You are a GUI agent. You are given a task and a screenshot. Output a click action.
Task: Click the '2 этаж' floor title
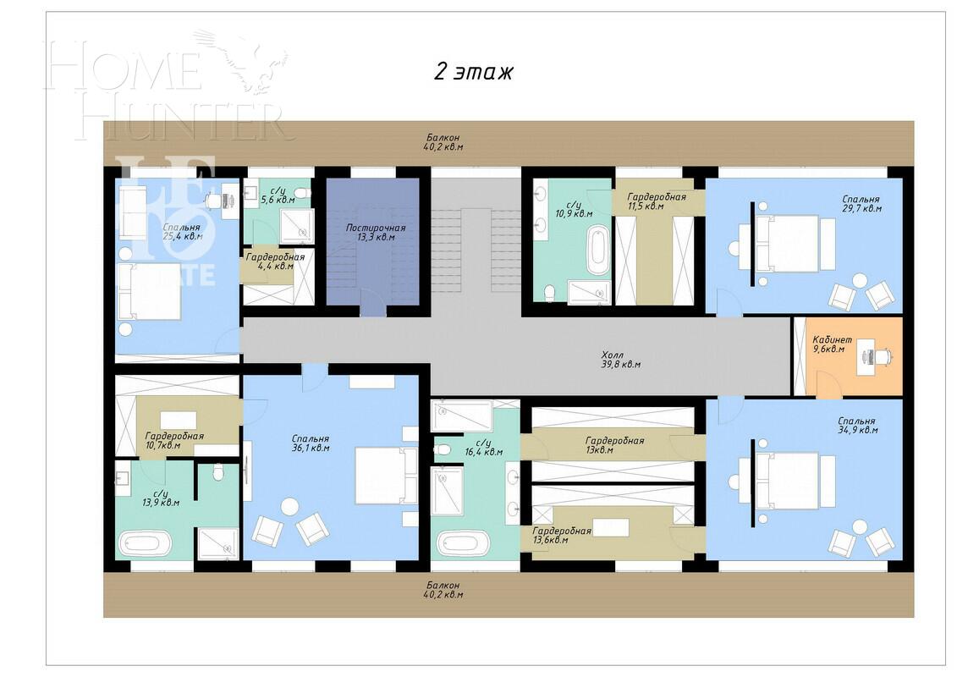click(474, 72)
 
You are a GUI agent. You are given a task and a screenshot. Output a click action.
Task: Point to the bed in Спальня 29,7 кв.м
click(786, 243)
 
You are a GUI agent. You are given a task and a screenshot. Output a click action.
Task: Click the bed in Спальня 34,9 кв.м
click(786, 482)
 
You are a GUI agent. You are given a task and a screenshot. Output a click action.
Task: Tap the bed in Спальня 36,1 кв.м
click(385, 476)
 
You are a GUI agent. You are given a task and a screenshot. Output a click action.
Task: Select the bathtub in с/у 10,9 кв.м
click(597, 250)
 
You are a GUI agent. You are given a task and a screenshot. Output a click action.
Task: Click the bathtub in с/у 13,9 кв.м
click(145, 542)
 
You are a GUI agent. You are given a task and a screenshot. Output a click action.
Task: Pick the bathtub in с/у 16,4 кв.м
click(462, 542)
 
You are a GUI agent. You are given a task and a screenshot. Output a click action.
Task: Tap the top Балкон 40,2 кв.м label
click(443, 141)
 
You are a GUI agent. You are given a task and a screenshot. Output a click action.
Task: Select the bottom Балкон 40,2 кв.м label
click(443, 590)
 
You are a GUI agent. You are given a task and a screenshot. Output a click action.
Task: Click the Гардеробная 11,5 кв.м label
click(650, 201)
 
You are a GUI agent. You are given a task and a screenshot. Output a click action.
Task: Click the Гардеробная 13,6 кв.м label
click(561, 535)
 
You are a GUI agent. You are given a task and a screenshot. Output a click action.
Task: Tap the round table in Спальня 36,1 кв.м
click(289, 507)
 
